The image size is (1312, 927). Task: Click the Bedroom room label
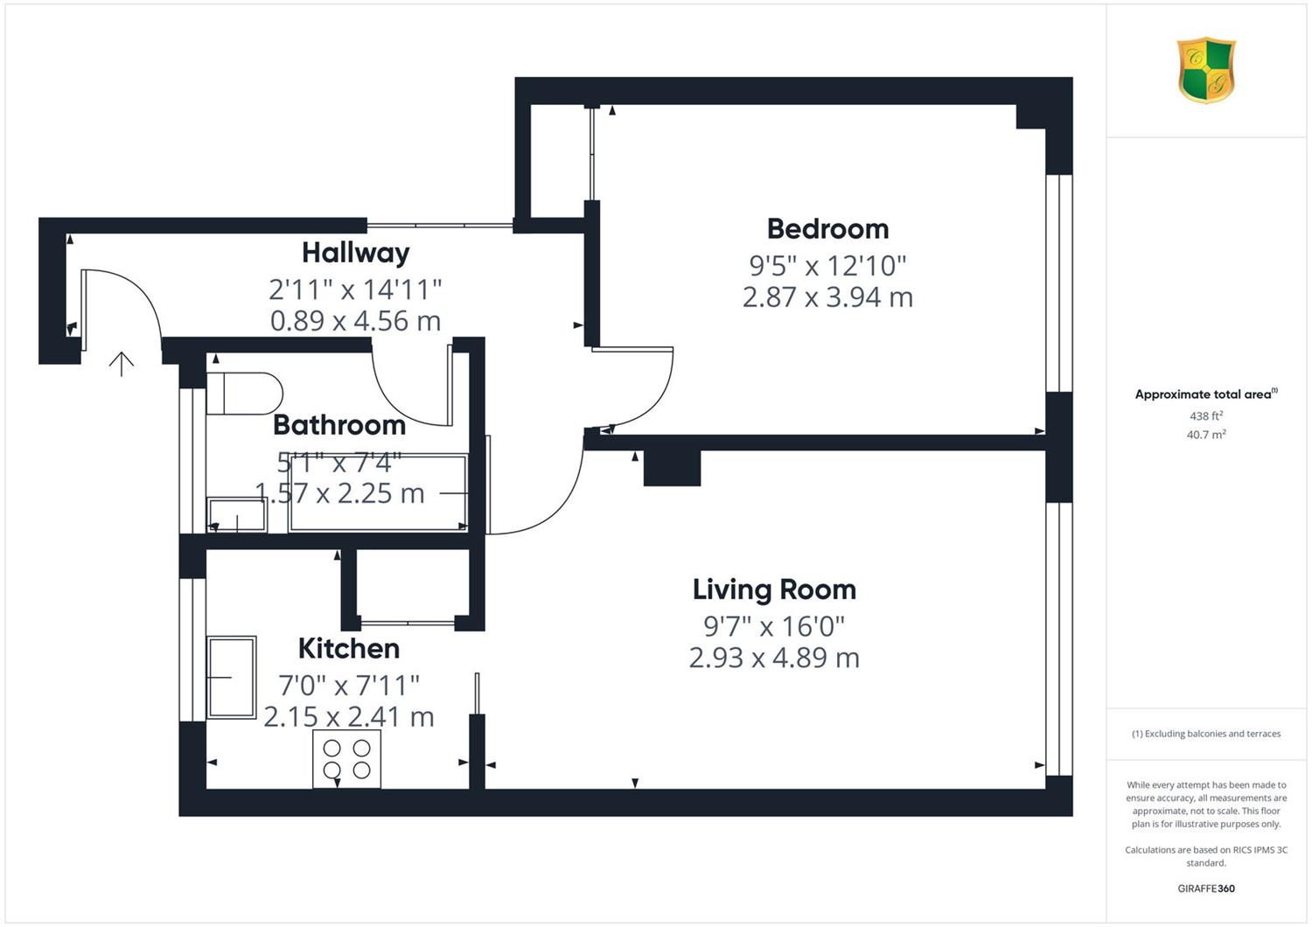pos(827,229)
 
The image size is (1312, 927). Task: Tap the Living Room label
pos(774,589)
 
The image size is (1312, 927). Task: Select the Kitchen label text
pos(349,648)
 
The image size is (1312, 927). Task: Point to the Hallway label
pos(355,253)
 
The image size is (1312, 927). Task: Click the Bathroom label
pos(339,425)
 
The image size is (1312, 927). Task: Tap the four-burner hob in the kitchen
pos(346,758)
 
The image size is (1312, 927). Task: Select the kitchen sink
pos(232,678)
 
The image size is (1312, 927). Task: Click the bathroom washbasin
pos(237,515)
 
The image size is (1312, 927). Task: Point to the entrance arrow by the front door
pos(122,364)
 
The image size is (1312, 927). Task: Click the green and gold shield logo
pos(1206,70)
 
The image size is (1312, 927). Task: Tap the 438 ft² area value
pos(1206,415)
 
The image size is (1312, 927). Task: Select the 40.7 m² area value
pos(1206,435)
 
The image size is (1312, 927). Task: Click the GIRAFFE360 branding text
pos(1206,889)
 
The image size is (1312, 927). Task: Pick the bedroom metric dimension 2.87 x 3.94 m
pos(827,296)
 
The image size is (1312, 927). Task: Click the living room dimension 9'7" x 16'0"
pos(774,626)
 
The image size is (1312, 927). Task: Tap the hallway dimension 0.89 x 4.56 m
pos(355,321)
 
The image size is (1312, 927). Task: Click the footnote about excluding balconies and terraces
pos(1206,734)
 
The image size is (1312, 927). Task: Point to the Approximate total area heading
pos(1206,394)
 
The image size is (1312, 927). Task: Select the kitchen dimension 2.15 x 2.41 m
pos(349,717)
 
